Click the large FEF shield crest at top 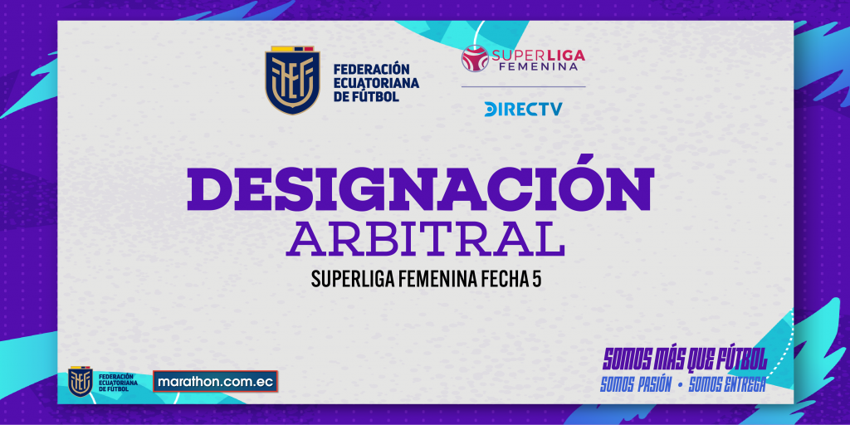(292, 81)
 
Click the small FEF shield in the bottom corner (81, 382)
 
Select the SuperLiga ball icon (475, 59)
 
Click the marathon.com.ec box (215, 381)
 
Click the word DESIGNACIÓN (420, 183)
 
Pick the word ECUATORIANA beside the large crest (376, 84)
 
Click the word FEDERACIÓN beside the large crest (370, 70)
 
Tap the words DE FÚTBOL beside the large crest (366, 98)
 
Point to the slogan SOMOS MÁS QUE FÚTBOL (685, 359)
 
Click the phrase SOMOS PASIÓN (636, 385)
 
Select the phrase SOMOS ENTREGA (726, 385)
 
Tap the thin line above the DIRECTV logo (523, 86)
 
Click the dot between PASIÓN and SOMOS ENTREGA (680, 385)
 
